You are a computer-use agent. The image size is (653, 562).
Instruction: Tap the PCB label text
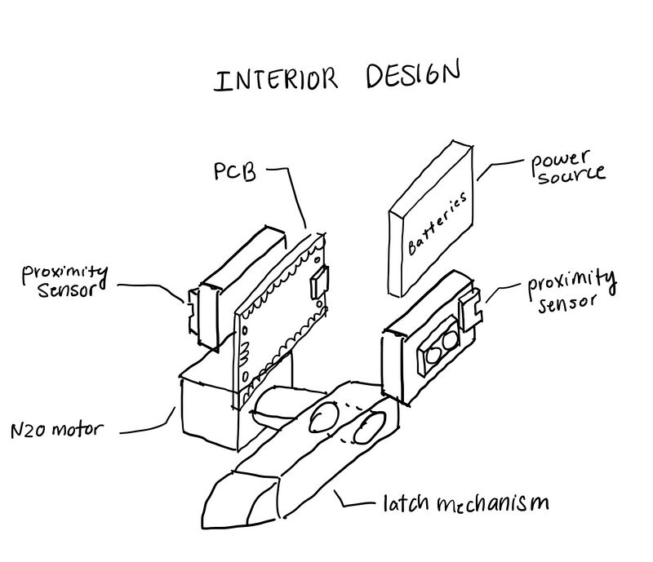[234, 174]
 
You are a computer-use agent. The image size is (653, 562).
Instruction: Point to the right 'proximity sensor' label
[570, 290]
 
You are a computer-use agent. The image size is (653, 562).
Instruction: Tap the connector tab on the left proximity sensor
[193, 309]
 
